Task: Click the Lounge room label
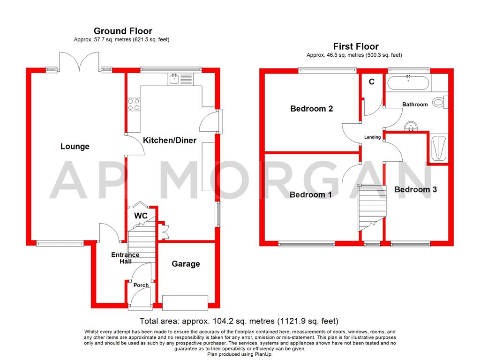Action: tap(75, 146)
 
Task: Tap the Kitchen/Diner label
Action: tap(170, 140)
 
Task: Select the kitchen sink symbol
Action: tap(180, 79)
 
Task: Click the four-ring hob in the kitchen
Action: tap(134, 104)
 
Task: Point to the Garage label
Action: tap(186, 264)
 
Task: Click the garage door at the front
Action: tap(185, 302)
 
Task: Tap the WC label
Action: tap(141, 216)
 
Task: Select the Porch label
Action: tap(141, 285)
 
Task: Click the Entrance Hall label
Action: tap(125, 258)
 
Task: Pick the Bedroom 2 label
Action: tap(311, 109)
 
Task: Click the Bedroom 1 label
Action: tap(310, 195)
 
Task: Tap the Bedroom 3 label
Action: tap(415, 189)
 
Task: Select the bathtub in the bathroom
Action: tap(408, 82)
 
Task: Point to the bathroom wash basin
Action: tap(411, 126)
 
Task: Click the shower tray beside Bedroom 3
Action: tap(439, 149)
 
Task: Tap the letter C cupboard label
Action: tap(372, 82)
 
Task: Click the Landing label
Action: tap(373, 137)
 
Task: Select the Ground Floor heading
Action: tap(123, 31)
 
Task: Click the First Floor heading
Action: tap(356, 46)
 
